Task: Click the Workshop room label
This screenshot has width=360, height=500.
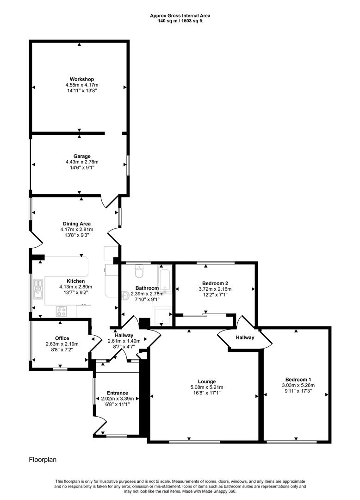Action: [82, 79]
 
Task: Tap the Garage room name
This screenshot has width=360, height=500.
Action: [82, 156]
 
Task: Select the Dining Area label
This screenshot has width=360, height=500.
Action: [76, 224]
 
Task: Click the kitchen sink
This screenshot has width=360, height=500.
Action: [38, 289]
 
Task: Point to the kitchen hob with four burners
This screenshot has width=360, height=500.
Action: [62, 311]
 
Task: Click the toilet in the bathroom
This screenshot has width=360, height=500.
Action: [139, 271]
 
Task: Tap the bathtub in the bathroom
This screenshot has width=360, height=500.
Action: [165, 279]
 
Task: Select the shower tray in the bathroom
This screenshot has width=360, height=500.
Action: [162, 316]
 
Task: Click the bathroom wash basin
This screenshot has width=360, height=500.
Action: [125, 295]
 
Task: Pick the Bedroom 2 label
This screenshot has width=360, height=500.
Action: [215, 283]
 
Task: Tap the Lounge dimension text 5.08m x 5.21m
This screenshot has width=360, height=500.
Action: [207, 387]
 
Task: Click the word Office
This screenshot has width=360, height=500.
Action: [62, 338]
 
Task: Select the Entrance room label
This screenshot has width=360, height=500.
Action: [117, 393]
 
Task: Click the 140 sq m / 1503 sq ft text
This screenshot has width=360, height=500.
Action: [180, 21]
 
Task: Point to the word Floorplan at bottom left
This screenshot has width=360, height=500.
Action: [43, 460]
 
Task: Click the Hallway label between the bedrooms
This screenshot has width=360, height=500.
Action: [245, 337]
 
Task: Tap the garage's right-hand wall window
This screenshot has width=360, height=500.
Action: [128, 165]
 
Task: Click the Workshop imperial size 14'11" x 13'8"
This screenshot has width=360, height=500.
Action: [82, 91]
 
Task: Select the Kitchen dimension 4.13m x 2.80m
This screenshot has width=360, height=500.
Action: [75, 287]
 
